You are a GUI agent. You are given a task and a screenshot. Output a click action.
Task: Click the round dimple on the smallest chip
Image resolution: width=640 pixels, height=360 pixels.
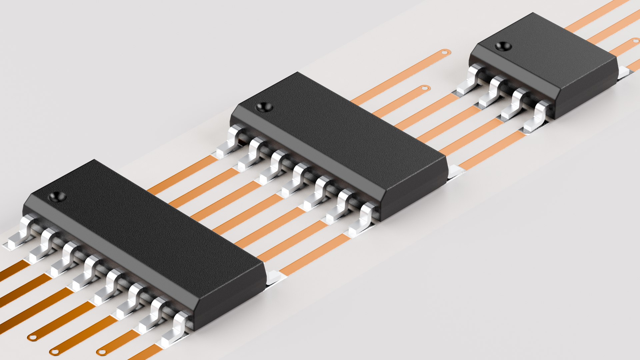pos(503,46)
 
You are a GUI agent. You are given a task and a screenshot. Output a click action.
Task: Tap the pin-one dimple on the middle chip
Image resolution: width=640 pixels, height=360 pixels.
pos(265,107)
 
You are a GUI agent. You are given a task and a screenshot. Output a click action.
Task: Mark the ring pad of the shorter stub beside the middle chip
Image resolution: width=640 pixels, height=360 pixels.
pos(424,88)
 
